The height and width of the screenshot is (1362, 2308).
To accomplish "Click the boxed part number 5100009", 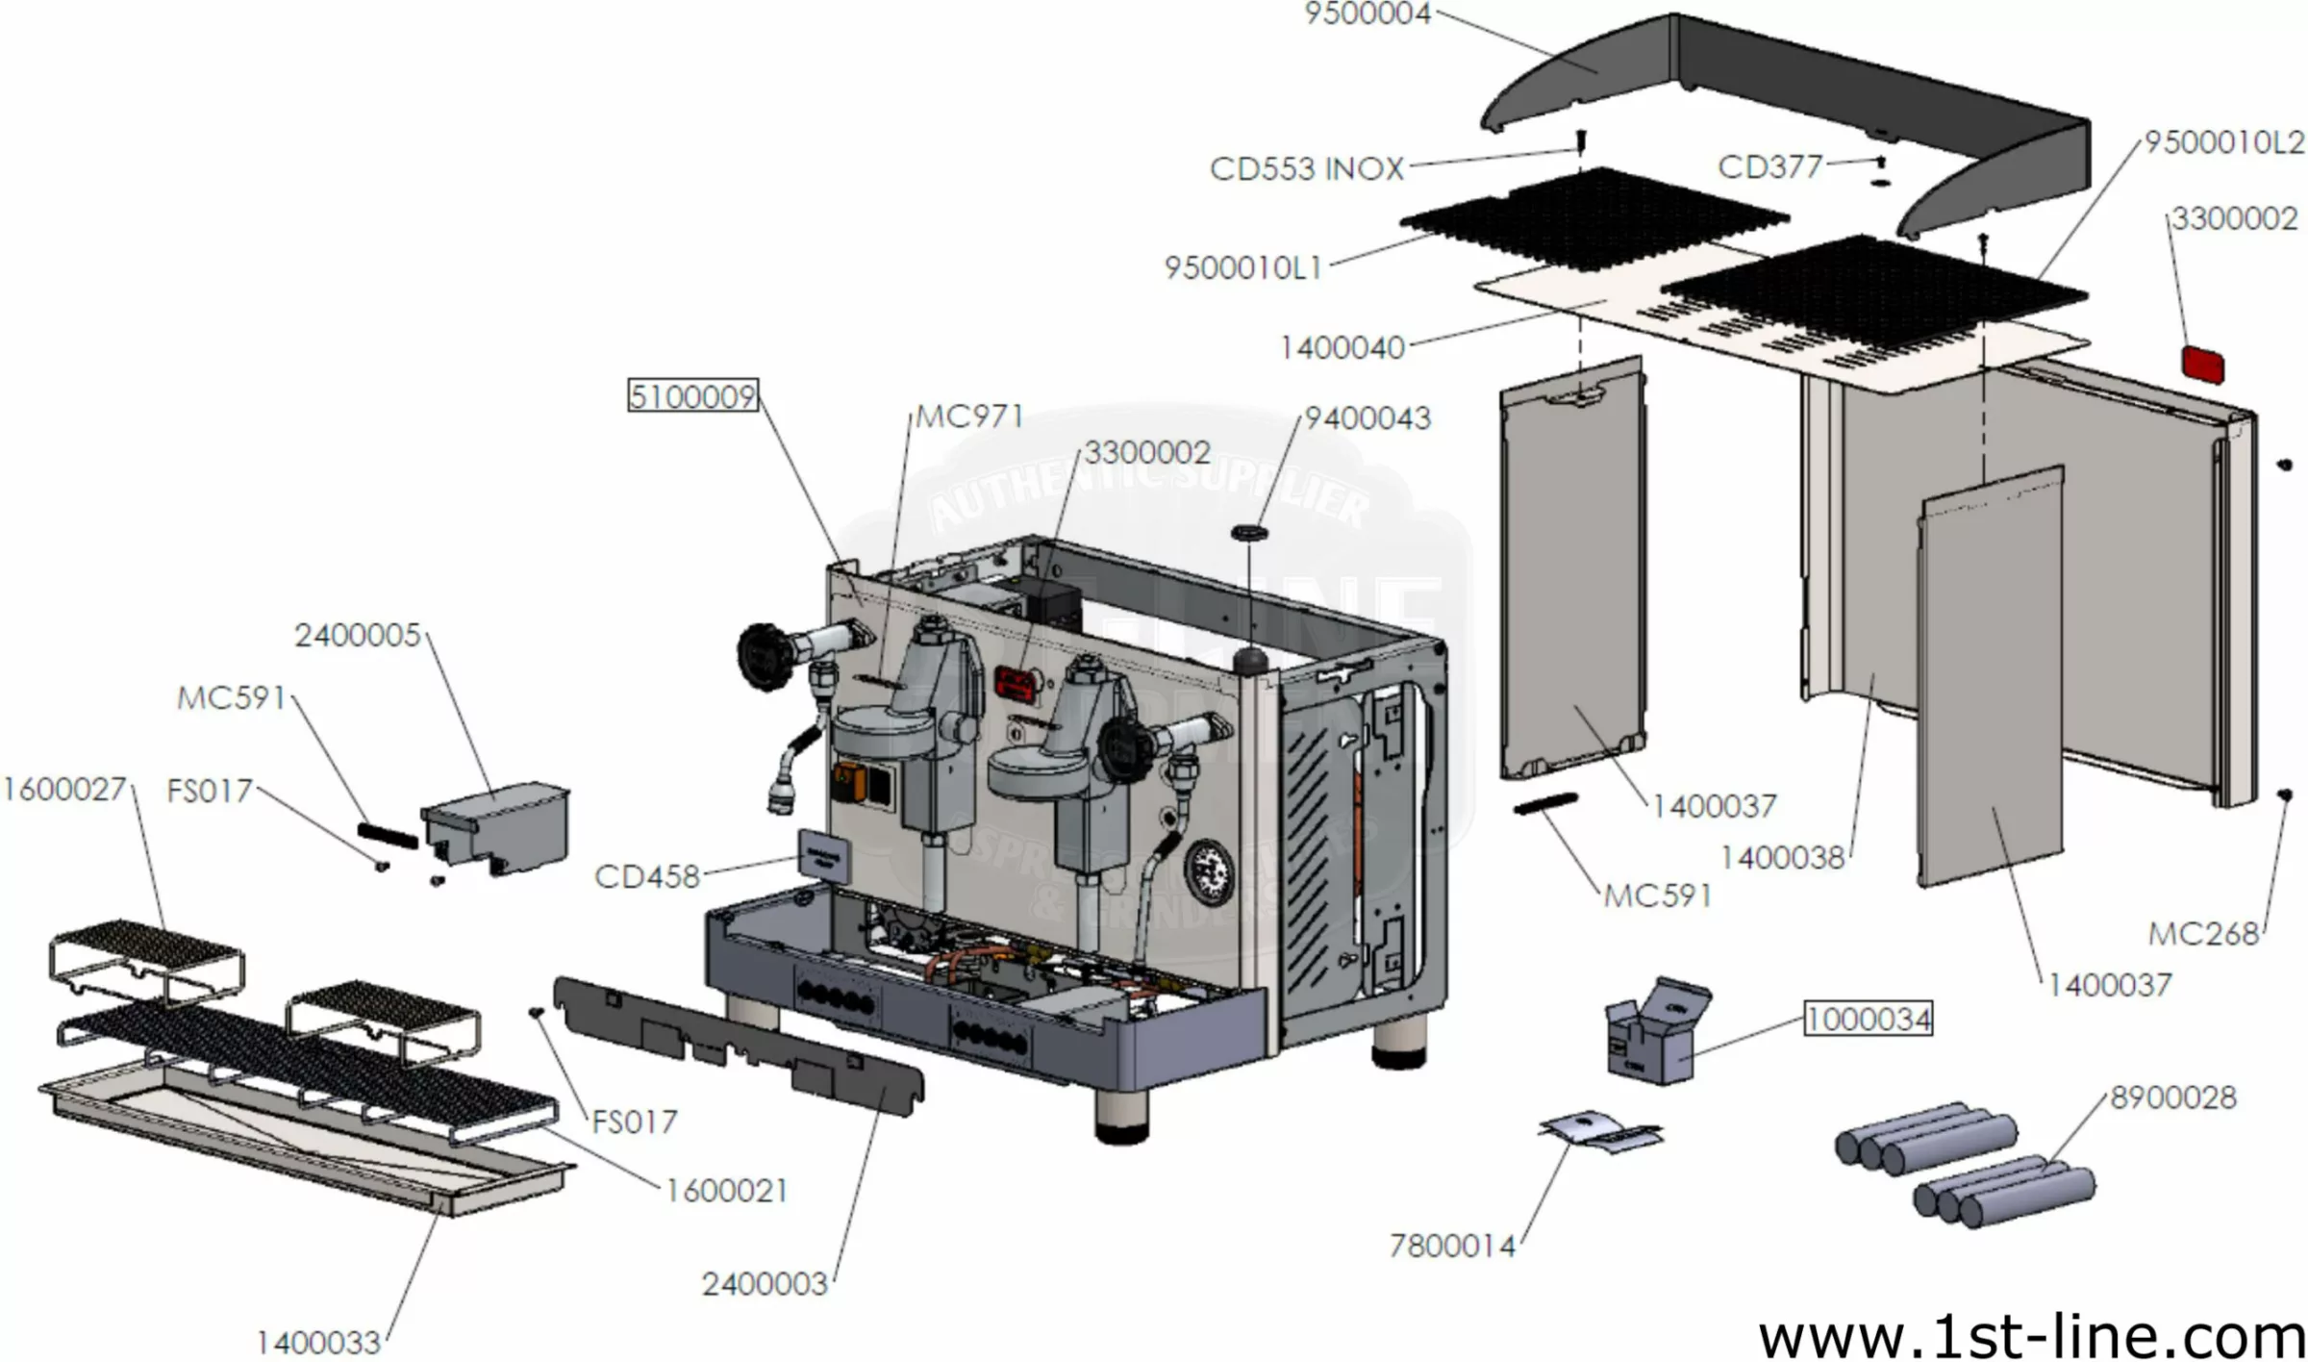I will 692,395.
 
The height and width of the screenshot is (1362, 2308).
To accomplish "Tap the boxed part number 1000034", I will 1868,1019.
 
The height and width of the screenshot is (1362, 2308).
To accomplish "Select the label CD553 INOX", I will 1306,169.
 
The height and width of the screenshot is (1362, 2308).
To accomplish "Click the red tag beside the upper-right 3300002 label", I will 2202,365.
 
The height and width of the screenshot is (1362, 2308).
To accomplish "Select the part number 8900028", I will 2172,1097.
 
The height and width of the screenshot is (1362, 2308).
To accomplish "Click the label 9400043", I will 1367,418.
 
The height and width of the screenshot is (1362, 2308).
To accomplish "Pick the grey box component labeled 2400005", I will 496,827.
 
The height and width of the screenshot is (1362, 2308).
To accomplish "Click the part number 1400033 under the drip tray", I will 318,1343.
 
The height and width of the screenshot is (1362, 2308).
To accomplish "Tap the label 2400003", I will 765,1284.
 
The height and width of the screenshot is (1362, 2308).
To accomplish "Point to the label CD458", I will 647,877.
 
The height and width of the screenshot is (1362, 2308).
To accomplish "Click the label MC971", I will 968,416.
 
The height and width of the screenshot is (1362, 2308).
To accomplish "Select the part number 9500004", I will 1367,14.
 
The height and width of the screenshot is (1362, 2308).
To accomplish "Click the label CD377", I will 1769,167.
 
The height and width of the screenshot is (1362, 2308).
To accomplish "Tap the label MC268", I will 2203,933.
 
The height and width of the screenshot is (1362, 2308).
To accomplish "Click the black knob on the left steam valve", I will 765,656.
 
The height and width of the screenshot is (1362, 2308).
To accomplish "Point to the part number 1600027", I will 64,790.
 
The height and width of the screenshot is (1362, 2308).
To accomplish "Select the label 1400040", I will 1342,347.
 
